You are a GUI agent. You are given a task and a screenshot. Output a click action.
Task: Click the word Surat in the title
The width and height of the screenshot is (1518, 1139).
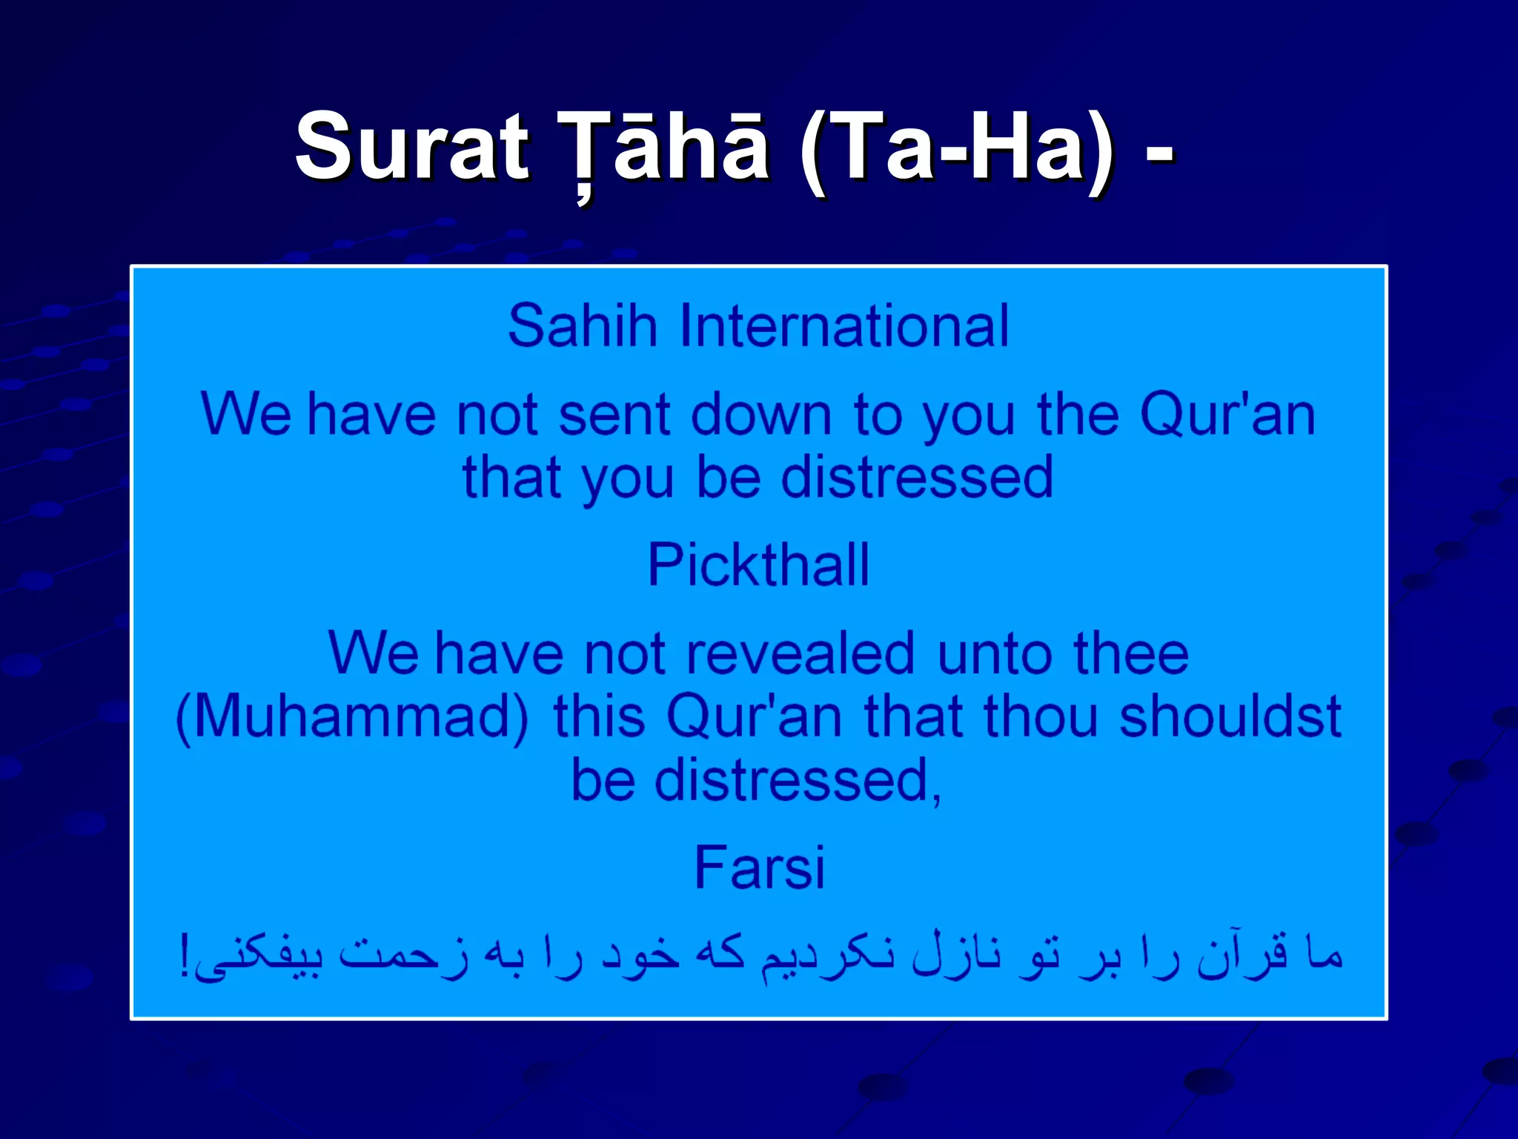coord(412,146)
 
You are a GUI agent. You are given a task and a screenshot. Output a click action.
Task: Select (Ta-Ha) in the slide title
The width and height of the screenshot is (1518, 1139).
coord(956,146)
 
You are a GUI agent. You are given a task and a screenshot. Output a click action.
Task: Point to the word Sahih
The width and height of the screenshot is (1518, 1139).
coord(583,326)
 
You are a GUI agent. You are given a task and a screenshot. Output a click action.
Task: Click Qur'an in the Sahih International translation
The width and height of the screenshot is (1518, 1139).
coord(1227,415)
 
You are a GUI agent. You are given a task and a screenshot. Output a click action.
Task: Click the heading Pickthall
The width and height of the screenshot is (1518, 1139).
coord(758,566)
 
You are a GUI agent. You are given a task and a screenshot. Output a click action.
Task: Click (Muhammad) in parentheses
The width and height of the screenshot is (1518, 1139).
coord(353,718)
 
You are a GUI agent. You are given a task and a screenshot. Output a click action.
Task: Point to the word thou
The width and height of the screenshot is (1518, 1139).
coord(1041,718)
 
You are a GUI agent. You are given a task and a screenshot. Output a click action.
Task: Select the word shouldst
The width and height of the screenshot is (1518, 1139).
coord(1230,718)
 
